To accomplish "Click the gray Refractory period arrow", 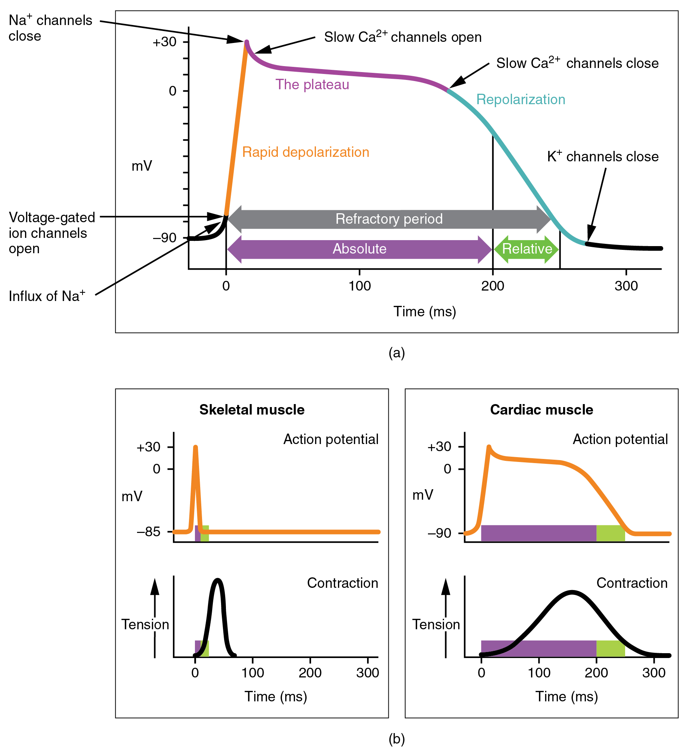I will point(389,219).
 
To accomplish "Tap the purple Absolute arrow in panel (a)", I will point(359,249).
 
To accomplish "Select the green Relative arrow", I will point(527,249).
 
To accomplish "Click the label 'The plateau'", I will point(312,84).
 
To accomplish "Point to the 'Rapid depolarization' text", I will point(305,152).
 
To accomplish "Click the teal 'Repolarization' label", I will point(520,99).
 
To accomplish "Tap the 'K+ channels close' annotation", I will point(602,156).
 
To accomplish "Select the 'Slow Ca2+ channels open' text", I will point(403,37).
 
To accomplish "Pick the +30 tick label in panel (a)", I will point(164,42).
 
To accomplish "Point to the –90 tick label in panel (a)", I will point(164,238).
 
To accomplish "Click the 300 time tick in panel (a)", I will point(626,286).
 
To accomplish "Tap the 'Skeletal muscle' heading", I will point(252,410).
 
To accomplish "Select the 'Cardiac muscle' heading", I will point(541,410).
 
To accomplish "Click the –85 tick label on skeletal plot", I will point(148,531).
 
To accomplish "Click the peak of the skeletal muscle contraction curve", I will point(218,580).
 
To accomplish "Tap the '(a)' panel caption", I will point(397,353).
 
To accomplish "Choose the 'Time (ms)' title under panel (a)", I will point(425,311).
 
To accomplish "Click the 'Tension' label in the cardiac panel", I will point(436,624).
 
